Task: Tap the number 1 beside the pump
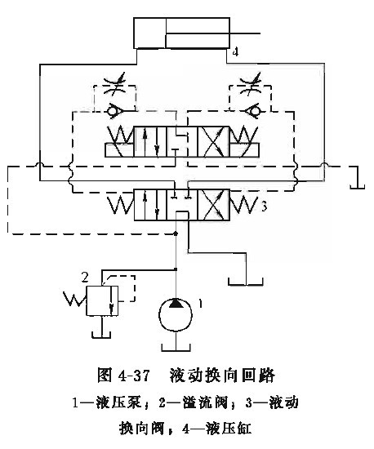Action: point(201,304)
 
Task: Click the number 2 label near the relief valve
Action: point(85,277)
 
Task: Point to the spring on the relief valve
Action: point(74,298)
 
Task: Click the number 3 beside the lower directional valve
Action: point(264,207)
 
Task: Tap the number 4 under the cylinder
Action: point(235,52)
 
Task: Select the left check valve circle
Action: point(111,110)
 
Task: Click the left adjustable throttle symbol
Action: point(115,84)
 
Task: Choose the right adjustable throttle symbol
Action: point(251,84)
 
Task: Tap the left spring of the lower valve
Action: point(121,205)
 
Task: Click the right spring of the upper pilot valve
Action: point(243,135)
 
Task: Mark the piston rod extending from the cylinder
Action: point(213,33)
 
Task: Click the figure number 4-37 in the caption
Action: point(134,376)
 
